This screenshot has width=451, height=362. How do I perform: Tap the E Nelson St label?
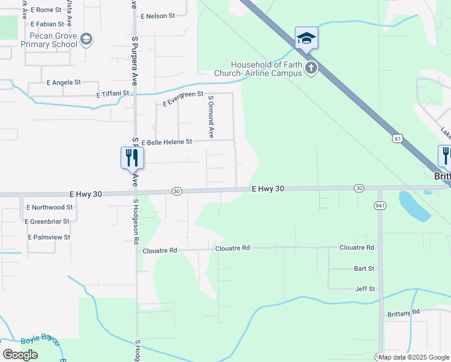(x=157, y=16)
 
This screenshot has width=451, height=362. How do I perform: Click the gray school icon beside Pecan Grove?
(x=86, y=40)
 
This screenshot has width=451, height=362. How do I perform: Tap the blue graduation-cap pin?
(x=306, y=38)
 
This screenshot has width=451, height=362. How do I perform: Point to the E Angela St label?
(x=63, y=82)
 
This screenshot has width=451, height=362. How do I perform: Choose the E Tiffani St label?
(x=113, y=94)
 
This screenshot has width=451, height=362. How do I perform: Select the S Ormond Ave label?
(x=211, y=116)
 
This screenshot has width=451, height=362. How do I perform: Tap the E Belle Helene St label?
(x=166, y=142)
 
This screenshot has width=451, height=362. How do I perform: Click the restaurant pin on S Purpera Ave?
(x=132, y=158)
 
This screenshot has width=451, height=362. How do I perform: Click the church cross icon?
(x=311, y=67)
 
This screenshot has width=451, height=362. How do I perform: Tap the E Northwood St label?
(x=49, y=207)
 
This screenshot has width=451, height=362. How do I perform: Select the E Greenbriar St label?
(x=48, y=221)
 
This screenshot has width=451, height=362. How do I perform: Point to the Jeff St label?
(x=365, y=289)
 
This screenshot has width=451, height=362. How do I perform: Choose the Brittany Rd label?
(x=403, y=313)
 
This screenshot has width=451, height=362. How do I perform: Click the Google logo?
(x=20, y=355)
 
